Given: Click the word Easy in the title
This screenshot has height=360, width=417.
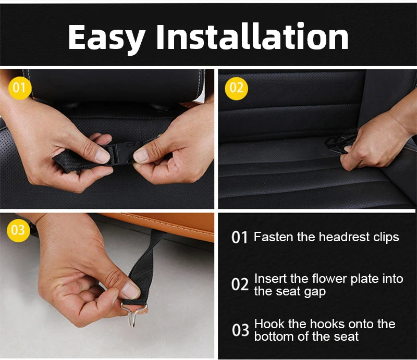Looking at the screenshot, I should pos(106,38).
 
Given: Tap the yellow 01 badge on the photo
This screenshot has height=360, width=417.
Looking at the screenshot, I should pos(19,88).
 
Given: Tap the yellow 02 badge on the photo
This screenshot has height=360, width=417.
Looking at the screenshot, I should pos(236,88).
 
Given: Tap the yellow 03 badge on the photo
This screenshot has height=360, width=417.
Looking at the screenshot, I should pos(18,230).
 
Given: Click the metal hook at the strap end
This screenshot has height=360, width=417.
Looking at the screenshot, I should pos(130,313).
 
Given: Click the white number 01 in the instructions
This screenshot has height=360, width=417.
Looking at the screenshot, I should pos(239,238).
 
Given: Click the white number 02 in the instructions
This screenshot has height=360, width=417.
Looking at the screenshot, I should pos(239,284).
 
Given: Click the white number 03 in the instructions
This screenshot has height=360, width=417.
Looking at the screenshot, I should pos(240,330).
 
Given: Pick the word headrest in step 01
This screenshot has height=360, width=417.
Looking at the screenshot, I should pos(343,237).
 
